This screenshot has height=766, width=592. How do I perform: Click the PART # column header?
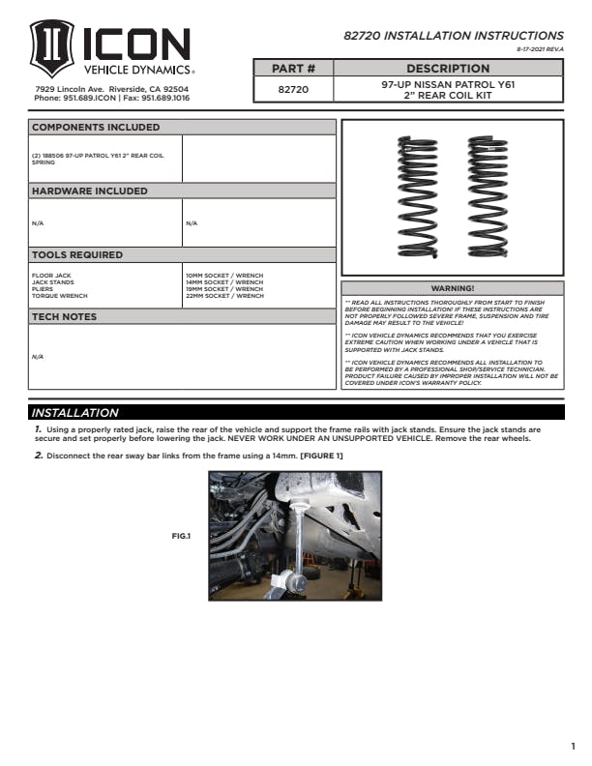[294, 69]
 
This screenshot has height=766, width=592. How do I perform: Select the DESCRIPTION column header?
[448, 69]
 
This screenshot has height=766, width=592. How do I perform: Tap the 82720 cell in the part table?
[294, 90]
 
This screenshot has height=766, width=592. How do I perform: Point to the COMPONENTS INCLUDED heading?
[96, 128]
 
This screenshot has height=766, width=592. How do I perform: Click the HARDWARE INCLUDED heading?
[90, 191]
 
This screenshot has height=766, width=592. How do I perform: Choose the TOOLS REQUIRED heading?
[77, 255]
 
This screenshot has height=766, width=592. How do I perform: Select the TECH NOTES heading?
[65, 317]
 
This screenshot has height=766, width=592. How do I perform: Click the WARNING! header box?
[452, 288]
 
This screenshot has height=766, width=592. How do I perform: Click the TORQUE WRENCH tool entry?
[60, 296]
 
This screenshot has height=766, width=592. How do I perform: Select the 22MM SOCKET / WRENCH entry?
[223, 296]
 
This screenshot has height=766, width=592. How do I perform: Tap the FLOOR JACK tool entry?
[51, 276]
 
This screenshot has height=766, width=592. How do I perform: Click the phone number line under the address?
[111, 99]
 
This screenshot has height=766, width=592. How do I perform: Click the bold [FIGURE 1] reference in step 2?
[321, 456]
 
